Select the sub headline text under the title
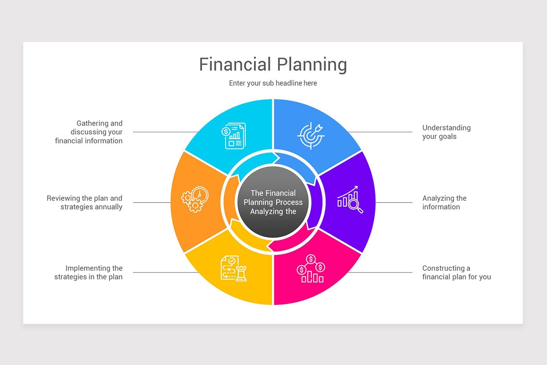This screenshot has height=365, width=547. point(273,83)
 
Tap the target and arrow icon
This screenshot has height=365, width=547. point(311,135)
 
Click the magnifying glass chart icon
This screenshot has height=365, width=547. point(350,199)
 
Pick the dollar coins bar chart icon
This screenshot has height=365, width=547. point(311,269)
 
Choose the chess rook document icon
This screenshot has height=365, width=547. point(233,268)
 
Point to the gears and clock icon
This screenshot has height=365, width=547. point(195,199)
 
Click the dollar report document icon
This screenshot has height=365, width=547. point(235,136)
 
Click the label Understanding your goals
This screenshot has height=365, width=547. point(446,132)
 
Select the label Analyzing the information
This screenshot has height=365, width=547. point(444,203)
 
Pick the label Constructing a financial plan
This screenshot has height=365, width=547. point(456,272)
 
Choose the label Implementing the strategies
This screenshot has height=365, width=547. point(89,272)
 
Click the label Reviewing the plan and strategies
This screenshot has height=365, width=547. point(85,203)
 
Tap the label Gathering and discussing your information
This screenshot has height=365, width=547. point(89,132)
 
